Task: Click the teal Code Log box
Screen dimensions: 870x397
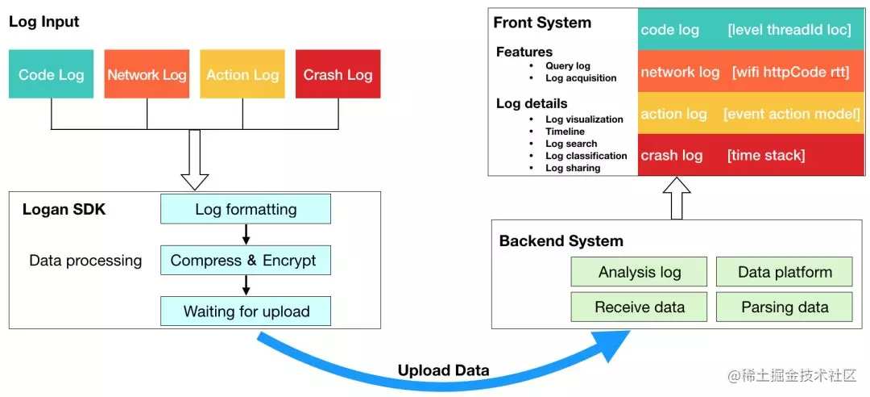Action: pyautogui.click(x=51, y=74)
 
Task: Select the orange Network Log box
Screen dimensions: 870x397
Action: pyautogui.click(x=147, y=74)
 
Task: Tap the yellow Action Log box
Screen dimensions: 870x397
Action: pyautogui.click(x=242, y=74)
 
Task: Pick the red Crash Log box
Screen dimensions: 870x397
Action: pyautogui.click(x=338, y=74)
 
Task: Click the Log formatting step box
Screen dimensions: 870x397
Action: pyautogui.click(x=246, y=209)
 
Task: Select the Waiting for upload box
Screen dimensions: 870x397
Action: pyautogui.click(x=246, y=311)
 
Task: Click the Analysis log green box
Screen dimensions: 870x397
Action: pyautogui.click(x=639, y=272)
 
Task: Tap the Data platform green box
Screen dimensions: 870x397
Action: pyautogui.click(x=785, y=272)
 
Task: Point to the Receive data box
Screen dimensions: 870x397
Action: pyautogui.click(x=639, y=307)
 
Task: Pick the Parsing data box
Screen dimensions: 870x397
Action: pyautogui.click(x=785, y=307)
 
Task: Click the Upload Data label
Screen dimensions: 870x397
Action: pyautogui.click(x=443, y=370)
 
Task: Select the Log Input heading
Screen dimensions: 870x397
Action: pyautogui.click(x=43, y=22)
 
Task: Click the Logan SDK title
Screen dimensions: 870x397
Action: pyautogui.click(x=64, y=210)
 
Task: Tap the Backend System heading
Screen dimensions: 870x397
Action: pyautogui.click(x=561, y=241)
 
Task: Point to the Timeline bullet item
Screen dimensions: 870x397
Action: pyautogui.click(x=565, y=132)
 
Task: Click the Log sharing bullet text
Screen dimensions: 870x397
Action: pyautogui.click(x=573, y=168)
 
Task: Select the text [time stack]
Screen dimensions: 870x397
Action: pyautogui.click(x=766, y=155)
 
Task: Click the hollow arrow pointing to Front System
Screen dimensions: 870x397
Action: pyautogui.click(x=677, y=198)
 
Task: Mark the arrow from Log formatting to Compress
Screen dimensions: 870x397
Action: pyautogui.click(x=246, y=235)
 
